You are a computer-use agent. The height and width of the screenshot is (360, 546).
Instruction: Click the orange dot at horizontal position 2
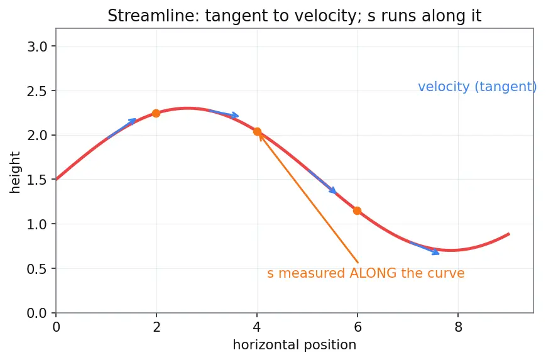tap(156, 113)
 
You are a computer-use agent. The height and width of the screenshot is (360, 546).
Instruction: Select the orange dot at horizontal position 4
tap(257, 131)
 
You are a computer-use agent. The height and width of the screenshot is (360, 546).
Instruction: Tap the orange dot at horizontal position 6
tap(357, 210)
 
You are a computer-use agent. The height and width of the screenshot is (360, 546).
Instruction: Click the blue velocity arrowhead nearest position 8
tap(436, 252)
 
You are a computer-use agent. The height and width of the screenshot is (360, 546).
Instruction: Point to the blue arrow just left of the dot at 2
tap(121, 128)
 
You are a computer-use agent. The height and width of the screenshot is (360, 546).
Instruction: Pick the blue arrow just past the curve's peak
tap(224, 114)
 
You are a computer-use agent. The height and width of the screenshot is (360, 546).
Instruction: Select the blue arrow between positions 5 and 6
tap(322, 182)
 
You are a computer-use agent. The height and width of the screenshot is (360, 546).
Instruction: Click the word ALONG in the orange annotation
tap(373, 273)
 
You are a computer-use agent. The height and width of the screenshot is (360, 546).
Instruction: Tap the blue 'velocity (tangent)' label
tap(478, 87)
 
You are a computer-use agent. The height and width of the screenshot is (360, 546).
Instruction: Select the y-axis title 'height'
tap(15, 172)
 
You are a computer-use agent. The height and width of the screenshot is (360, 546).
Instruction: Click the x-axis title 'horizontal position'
tap(295, 345)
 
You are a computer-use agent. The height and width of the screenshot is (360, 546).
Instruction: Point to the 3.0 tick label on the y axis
tap(37, 46)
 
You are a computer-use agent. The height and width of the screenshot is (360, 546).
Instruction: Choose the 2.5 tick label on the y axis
tap(37, 91)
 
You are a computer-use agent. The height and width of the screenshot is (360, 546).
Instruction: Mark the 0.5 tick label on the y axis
tap(37, 268)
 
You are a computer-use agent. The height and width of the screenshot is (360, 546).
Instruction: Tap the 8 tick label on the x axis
tap(458, 327)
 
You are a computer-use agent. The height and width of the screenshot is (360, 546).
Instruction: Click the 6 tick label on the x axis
tap(358, 327)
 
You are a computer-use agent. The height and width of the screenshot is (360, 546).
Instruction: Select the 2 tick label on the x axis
tap(156, 327)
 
